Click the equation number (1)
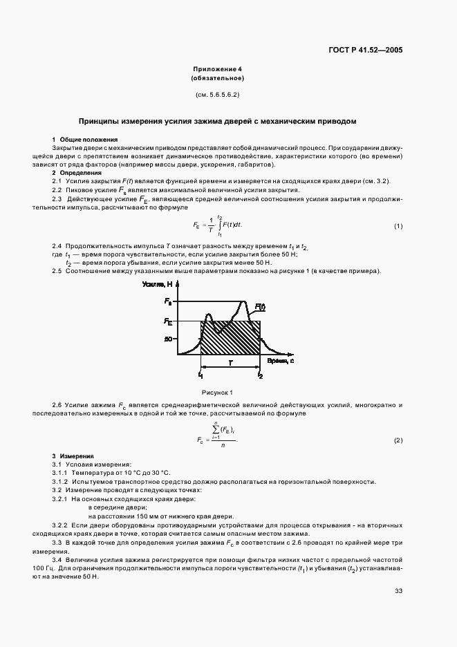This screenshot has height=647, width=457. coord(398,227)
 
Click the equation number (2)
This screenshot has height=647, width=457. coord(398,440)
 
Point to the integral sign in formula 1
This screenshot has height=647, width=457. coord(219,225)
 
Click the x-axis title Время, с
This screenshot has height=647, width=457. coord(280,362)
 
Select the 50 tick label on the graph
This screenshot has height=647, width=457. coord(168,339)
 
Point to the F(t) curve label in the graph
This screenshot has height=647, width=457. coord(260,306)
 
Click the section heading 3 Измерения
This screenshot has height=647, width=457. coord(75,457)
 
